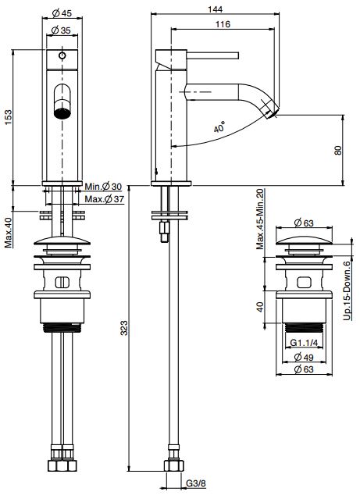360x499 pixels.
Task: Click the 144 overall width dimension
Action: [215, 9]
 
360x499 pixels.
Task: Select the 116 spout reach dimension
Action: [223, 24]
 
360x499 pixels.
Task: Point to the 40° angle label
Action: [219, 127]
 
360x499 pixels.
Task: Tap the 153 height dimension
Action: [8, 117]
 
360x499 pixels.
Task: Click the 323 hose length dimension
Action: [124, 328]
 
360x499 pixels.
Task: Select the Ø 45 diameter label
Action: [62, 13]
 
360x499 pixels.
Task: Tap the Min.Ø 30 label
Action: [103, 186]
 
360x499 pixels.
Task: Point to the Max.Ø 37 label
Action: [104, 199]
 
